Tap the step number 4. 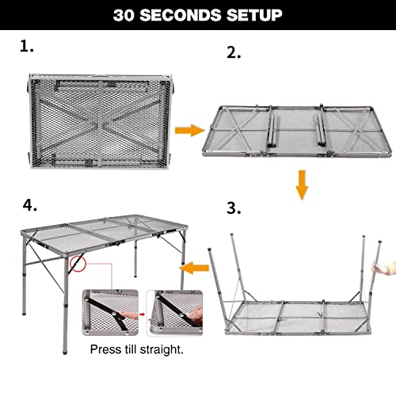pyautogui.click(x=30, y=205)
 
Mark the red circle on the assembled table pyautogui.click(x=78, y=261)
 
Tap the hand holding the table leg pyautogui.click(x=385, y=269)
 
